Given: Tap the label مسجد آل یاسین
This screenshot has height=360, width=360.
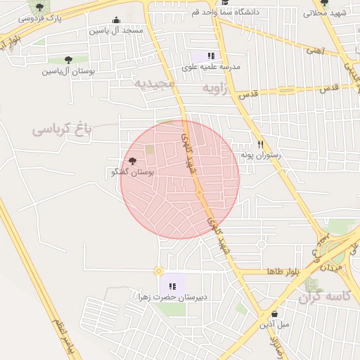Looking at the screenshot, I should coord(116,31).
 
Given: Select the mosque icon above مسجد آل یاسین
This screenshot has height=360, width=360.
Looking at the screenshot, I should coord(116,20).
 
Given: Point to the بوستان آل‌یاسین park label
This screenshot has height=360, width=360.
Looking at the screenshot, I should coord(68,71).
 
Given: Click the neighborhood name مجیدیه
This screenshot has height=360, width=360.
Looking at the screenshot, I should coord(154,83).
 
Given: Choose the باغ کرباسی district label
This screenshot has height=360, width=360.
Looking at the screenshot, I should coord(62,130).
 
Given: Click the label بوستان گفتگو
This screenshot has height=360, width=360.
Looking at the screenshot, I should coord(133,172).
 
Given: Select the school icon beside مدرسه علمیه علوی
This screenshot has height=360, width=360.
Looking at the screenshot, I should coord(211,56).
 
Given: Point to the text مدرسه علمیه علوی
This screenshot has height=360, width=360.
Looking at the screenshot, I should coord(211,67).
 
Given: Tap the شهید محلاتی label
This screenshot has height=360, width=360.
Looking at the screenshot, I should coord(326,13).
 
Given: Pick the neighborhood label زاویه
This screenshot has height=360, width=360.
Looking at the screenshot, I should coord(217,89).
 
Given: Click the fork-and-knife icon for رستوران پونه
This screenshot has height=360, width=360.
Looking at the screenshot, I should coord(260,143).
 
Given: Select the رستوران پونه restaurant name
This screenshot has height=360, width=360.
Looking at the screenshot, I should coord(260,155).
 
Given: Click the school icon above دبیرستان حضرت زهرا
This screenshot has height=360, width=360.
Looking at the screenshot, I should coord(172,285).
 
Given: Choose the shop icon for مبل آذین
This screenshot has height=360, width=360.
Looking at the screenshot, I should coord(274,314).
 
